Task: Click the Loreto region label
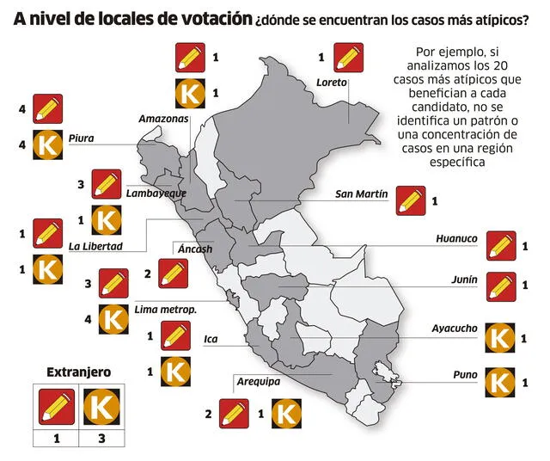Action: (x=332, y=83)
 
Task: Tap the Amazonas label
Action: (x=163, y=118)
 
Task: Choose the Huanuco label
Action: (x=456, y=239)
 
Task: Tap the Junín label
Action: (x=464, y=280)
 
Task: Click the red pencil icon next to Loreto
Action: (x=348, y=58)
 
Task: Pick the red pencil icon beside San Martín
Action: (x=411, y=200)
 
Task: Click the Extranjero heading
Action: (x=78, y=372)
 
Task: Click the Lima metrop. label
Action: (x=167, y=308)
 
